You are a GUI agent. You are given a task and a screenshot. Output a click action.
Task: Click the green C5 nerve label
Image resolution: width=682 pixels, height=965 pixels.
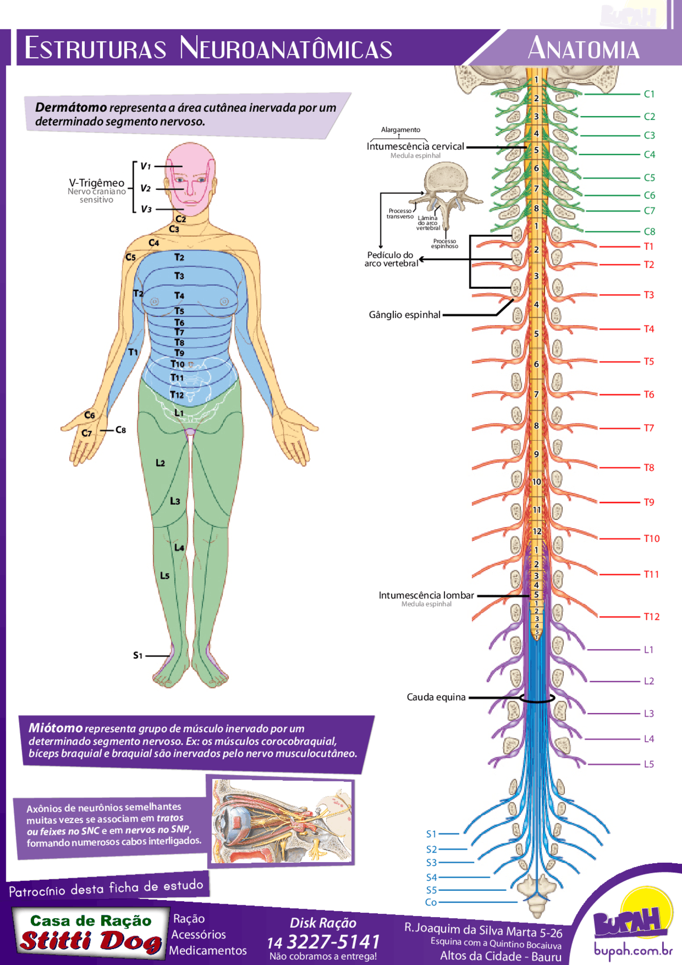649,177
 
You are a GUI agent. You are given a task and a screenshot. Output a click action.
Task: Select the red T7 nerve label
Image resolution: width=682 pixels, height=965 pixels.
648,428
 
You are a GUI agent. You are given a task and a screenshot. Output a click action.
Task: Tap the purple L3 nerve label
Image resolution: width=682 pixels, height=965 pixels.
648,713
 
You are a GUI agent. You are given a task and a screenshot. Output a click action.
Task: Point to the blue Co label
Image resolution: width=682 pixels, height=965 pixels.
431,902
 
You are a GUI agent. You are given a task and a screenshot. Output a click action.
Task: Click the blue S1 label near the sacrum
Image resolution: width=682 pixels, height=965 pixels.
431,833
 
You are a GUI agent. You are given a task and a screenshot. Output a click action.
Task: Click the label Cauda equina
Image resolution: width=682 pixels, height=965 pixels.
436,697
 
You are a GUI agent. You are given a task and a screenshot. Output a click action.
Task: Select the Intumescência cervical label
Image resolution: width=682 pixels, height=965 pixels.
415,146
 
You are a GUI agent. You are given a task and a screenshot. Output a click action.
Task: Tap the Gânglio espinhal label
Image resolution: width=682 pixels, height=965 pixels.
404,314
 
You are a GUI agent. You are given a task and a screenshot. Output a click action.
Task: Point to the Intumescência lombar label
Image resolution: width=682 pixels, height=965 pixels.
426,595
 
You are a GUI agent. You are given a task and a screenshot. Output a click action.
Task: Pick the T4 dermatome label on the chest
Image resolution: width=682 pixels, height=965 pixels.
179,295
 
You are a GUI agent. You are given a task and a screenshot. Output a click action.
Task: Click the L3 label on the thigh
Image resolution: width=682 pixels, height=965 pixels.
175,501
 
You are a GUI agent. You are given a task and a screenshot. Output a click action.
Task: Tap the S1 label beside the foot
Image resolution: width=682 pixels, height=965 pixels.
138,655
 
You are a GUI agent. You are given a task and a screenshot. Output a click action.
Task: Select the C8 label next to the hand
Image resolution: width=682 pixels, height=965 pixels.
121,429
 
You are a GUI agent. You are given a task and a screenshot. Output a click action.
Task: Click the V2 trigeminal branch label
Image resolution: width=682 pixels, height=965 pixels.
145,188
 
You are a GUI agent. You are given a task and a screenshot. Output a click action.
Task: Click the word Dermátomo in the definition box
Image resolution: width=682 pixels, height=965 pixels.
71,107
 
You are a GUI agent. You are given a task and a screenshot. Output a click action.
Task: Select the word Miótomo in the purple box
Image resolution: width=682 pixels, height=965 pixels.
55,728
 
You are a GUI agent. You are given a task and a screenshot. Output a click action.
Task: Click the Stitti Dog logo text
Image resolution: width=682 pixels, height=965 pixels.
91,942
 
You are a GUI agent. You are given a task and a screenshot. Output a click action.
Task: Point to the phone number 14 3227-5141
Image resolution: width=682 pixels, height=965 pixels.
323,942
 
